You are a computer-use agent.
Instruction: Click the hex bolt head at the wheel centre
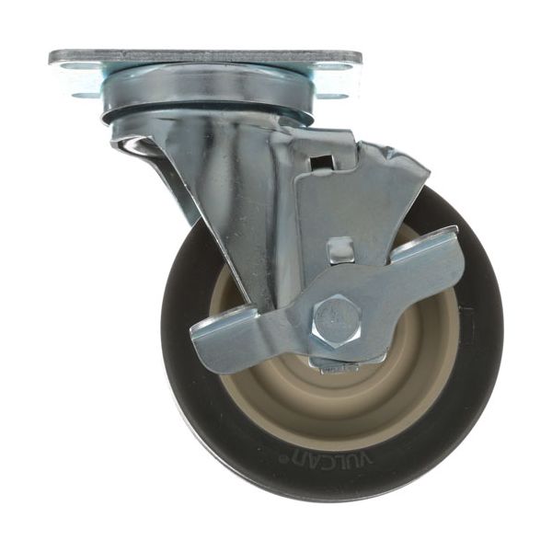335,318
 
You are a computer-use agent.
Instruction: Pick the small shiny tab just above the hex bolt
339,250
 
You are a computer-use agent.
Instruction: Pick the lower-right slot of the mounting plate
333,93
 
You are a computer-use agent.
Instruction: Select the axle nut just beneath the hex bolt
335,364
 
